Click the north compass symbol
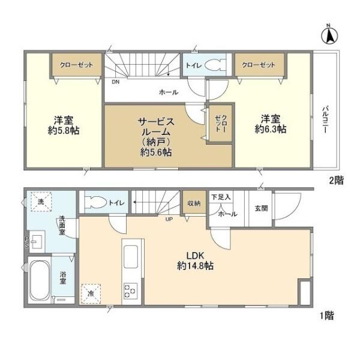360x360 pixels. click(329, 35)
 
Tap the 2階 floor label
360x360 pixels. click(337, 181)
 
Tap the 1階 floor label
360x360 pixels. click(327, 316)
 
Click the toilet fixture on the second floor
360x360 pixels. click(215, 65)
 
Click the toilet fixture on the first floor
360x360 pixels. click(95, 202)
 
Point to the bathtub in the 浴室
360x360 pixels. click(39, 281)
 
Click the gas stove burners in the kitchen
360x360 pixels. click(130, 290)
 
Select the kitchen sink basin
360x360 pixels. click(131, 256)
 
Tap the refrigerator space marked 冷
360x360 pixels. click(91, 293)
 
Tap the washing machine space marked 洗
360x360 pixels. click(41, 202)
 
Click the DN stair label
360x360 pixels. click(116, 82)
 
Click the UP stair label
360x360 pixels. click(169, 219)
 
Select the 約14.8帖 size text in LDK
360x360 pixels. click(195, 266)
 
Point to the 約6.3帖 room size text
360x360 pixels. click(271, 129)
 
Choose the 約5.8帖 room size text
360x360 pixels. click(64, 130)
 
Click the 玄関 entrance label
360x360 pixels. click(261, 208)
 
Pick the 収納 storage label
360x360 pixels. click(194, 203)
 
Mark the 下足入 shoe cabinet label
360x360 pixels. click(221, 197)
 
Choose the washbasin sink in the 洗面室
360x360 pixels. click(37, 242)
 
